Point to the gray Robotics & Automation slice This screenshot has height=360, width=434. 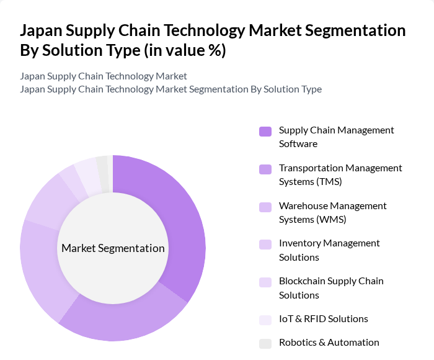click(104, 166)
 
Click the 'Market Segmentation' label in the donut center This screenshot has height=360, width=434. click(113, 248)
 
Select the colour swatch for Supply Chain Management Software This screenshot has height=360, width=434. click(265, 131)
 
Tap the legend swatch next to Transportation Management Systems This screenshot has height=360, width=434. click(265, 169)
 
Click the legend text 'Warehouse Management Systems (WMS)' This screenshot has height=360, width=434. click(332, 212)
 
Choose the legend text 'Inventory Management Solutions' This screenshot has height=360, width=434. click(329, 250)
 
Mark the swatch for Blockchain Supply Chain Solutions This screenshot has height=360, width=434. click(265, 282)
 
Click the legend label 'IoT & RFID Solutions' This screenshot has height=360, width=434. click(323, 319)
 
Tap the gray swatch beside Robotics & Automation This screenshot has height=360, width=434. click(265, 343)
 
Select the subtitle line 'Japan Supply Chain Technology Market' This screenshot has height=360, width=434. click(103, 76)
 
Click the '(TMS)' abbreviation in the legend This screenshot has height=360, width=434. click(329, 182)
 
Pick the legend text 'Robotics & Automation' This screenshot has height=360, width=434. click(329, 343)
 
